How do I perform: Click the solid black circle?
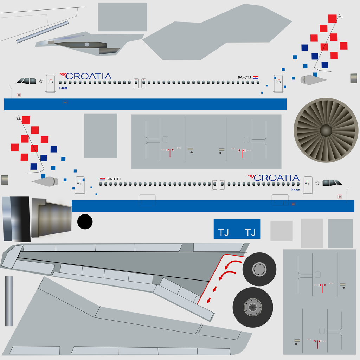[x=85, y=221]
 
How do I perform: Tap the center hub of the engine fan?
[x=326, y=130]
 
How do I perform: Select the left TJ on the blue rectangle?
[x=223, y=232]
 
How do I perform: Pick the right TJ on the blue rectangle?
[x=250, y=232]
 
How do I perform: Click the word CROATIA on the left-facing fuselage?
[x=88, y=76]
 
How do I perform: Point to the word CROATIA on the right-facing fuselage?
[x=276, y=178]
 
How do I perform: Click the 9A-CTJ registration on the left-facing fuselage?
[x=244, y=77]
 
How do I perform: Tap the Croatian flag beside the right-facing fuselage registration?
[x=103, y=179]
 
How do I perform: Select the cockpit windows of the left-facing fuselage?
[x=26, y=81]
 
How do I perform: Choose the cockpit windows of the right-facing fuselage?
[x=332, y=183]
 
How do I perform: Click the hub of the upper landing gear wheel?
[x=259, y=269]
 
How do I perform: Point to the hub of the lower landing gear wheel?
[x=252, y=307]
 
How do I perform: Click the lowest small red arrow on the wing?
[x=209, y=300]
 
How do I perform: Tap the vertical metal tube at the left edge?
[x=9, y=301]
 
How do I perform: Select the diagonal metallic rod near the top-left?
[x=42, y=32]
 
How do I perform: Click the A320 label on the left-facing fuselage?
[x=63, y=88]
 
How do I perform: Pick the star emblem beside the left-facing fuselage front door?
[x=41, y=81]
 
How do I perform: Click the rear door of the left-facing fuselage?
[x=278, y=84]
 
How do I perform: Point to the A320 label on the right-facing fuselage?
[x=295, y=189]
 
